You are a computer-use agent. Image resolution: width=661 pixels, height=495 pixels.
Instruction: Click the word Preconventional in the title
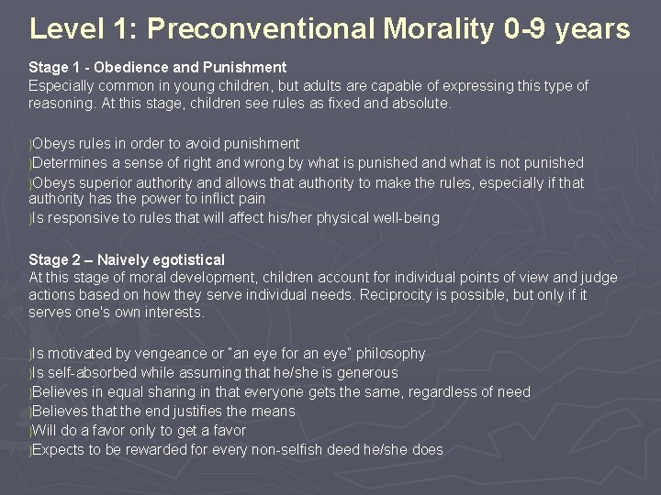point(262,28)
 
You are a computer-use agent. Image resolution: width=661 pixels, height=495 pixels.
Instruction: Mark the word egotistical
point(190,259)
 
